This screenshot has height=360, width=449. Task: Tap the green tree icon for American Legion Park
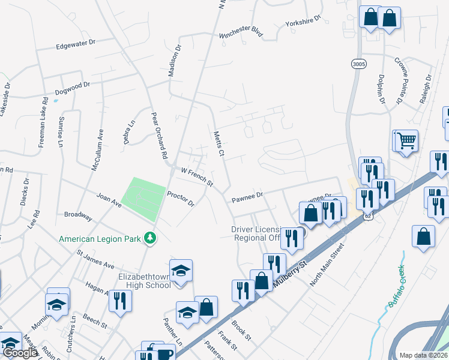[x=151, y=239]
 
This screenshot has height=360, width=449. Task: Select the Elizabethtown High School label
[x=137, y=281]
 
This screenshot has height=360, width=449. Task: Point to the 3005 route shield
[x=358, y=64]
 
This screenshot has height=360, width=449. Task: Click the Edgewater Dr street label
[x=76, y=44]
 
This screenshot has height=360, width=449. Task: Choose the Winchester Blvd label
[x=241, y=31]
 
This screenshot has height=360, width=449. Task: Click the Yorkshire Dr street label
[x=304, y=21]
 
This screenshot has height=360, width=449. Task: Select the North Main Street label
[x=325, y=264]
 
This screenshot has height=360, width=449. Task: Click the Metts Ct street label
[x=218, y=144]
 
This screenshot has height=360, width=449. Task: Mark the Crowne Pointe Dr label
[x=400, y=81]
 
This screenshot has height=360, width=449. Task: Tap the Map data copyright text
[x=424, y=355]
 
